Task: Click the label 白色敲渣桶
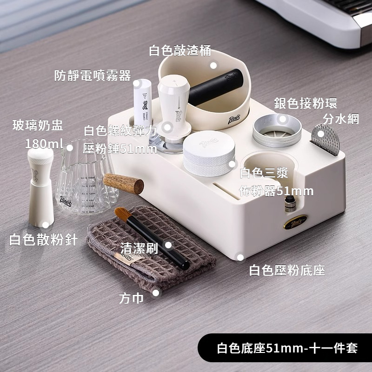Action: pos(180,51)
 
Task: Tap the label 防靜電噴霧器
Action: pos(93,75)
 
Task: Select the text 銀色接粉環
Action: pos(306,103)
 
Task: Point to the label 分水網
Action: pos(341,119)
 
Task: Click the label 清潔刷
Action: pos(139,249)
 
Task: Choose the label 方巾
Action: pos(131,298)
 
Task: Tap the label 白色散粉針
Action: pos(43,239)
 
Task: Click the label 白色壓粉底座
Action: pos(287,270)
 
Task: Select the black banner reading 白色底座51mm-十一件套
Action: pos(285,348)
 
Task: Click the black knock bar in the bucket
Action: pos(215,87)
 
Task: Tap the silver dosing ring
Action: pos(277,131)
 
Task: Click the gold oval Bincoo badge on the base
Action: pos(295,222)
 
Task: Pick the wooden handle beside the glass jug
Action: pos(123,183)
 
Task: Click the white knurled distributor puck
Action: pos(209,154)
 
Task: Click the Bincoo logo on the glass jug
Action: pos(66,201)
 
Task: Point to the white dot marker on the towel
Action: pos(156,293)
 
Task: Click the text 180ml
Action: pos(44,144)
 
